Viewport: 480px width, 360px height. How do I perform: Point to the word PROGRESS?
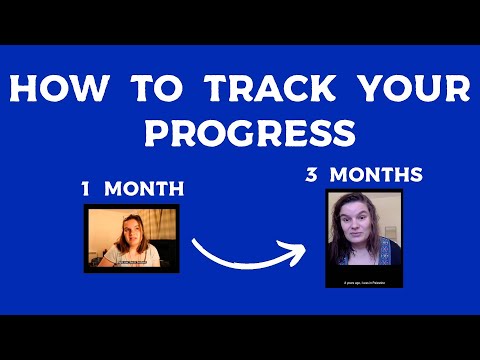240,133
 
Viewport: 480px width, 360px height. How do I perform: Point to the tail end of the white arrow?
194,240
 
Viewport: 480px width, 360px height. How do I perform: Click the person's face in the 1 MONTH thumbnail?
132,234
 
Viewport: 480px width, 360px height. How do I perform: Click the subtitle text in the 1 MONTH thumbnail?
132,263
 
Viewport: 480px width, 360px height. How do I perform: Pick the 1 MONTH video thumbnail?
132,239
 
